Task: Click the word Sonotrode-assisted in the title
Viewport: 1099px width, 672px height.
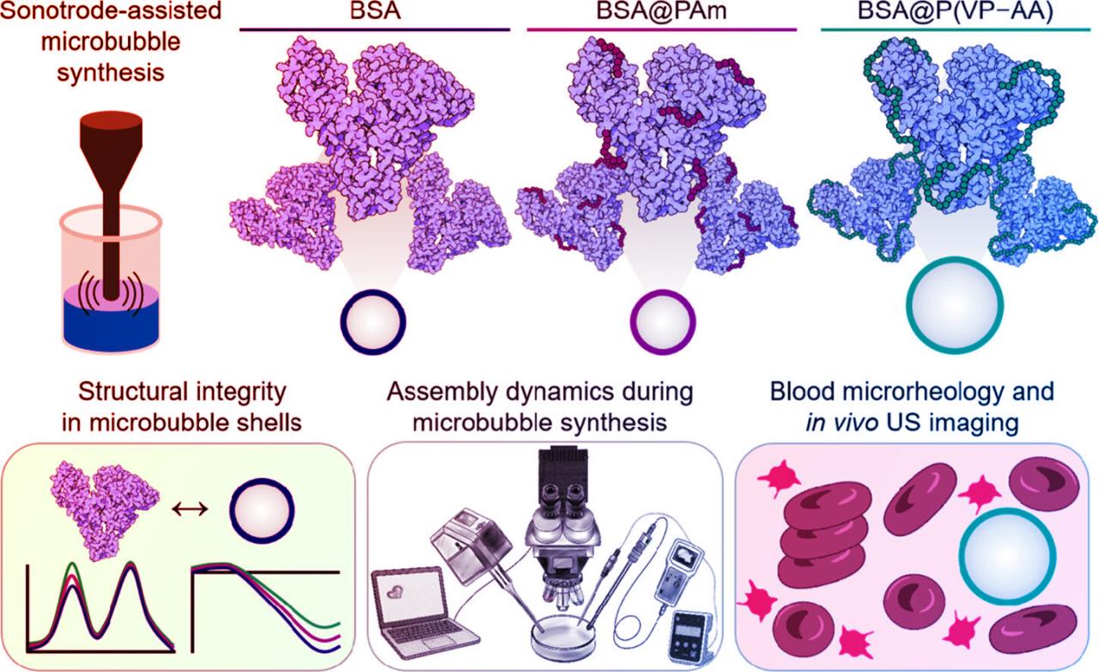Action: click(x=110, y=12)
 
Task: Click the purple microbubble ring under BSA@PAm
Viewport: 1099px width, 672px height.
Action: click(x=661, y=319)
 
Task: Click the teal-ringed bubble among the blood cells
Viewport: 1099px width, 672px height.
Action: click(x=1003, y=554)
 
